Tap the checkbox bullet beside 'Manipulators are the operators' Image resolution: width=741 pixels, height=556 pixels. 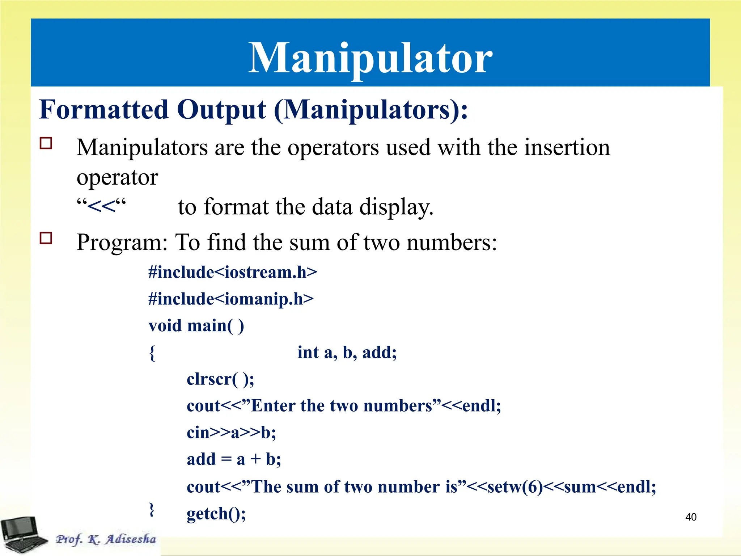coord(46,143)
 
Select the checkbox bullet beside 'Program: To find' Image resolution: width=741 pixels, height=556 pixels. coord(46,238)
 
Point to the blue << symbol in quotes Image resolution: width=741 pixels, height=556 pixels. coord(101,207)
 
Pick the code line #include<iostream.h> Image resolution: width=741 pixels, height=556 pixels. coord(233,272)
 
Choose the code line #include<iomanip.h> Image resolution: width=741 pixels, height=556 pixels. coord(231,299)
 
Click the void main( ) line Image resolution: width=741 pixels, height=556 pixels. coord(196,326)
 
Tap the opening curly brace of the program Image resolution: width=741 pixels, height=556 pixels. coord(152,353)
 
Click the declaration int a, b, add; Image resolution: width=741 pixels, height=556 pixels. coord(347,353)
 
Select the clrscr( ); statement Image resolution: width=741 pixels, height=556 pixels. coord(220,379)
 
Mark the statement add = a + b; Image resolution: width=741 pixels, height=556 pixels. coord(234,460)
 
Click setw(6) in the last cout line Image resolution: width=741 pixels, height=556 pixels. coord(515,487)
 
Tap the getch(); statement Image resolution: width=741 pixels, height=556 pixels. coord(216,514)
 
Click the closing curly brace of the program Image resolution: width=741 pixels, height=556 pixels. coord(152,510)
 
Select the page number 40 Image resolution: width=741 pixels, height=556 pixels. coord(691,517)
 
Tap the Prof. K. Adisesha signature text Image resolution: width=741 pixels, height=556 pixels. coord(106,539)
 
